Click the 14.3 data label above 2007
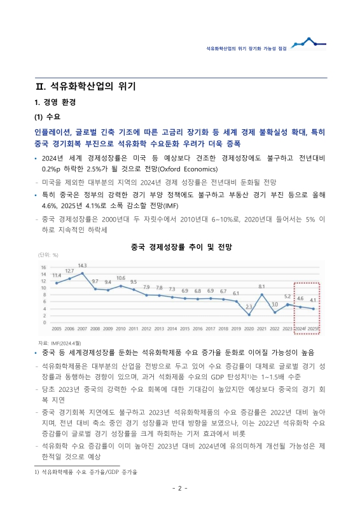[82, 265]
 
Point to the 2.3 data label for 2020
[249, 307]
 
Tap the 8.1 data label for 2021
[261, 287]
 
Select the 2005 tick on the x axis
[57, 328]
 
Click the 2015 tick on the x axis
[185, 328]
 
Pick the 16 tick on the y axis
[43, 267]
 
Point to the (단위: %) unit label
[49, 254]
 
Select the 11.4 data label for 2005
[57, 275]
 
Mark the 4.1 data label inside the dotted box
[313, 299]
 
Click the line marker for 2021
[262, 295]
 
